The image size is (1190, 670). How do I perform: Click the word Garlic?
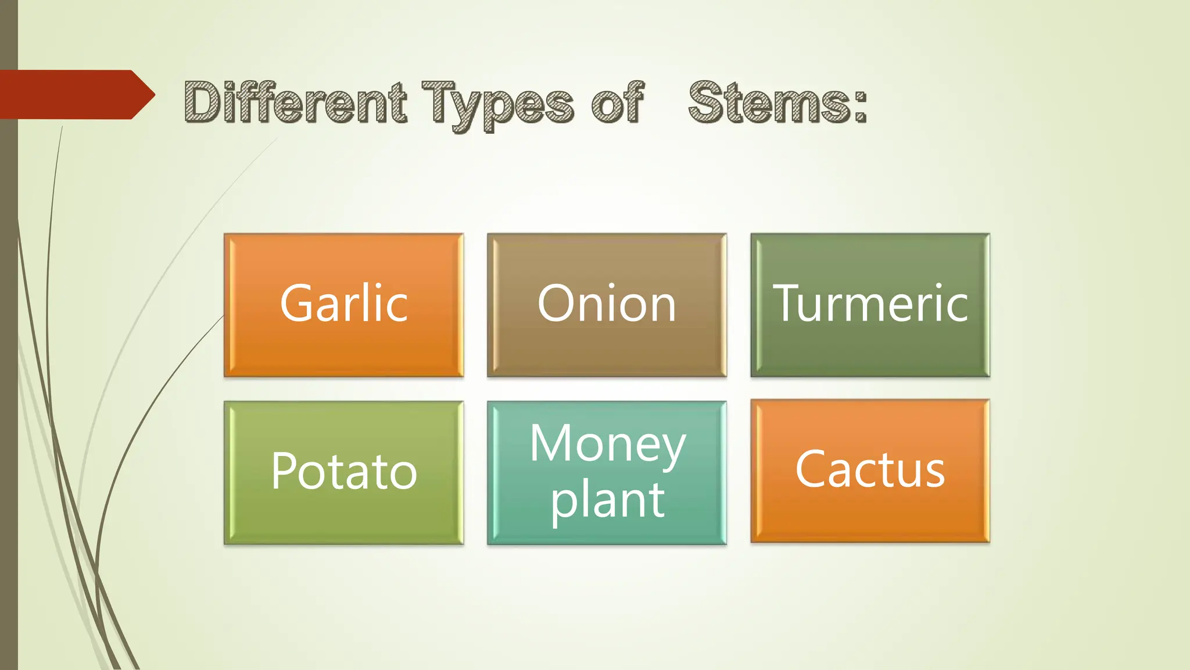coord(344,304)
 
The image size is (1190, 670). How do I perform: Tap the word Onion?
coord(607,304)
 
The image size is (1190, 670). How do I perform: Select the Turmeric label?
coord(870,304)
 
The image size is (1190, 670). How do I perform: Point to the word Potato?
coord(344,471)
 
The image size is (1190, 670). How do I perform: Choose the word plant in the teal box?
coord(608,500)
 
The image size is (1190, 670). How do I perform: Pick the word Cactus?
coord(870,469)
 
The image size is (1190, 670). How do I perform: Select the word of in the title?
coord(618,103)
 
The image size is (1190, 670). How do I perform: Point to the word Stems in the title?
coord(769,103)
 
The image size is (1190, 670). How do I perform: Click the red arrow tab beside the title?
coord(76,95)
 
